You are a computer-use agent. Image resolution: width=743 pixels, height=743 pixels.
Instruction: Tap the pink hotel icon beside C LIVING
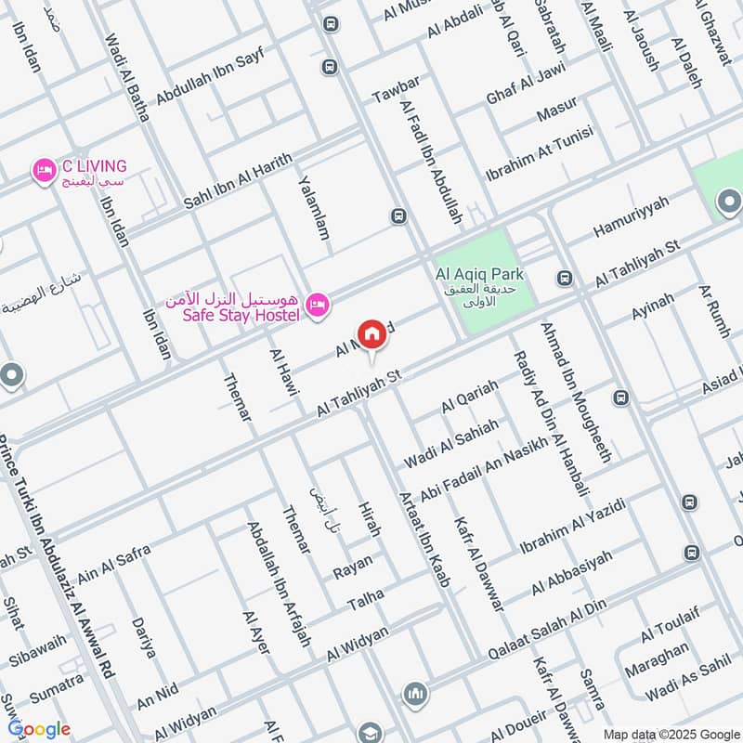[42, 170]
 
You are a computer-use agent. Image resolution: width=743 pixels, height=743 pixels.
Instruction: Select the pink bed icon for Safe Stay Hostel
[318, 305]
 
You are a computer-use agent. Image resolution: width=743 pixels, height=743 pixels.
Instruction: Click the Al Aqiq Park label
[479, 275]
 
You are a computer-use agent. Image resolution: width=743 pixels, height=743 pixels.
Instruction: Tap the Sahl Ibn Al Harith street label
[237, 176]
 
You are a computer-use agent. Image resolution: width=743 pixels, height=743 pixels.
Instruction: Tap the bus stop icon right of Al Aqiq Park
[563, 278]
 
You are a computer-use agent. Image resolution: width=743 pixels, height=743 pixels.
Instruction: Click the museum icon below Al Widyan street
[415, 694]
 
